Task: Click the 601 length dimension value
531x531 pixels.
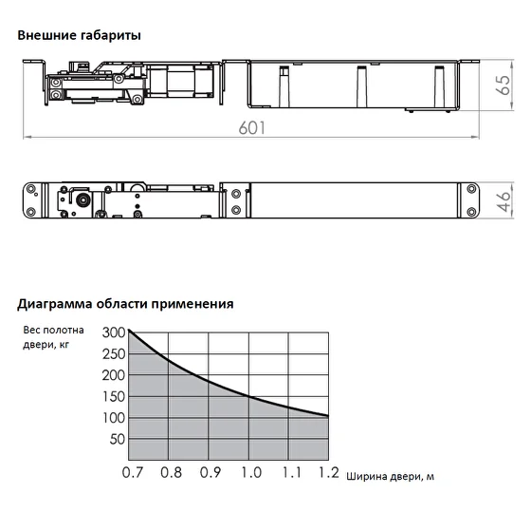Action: pyautogui.click(x=252, y=128)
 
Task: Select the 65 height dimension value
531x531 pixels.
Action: pyautogui.click(x=504, y=85)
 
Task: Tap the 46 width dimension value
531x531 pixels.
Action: pyautogui.click(x=504, y=200)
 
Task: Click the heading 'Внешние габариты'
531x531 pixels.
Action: pyautogui.click(x=80, y=36)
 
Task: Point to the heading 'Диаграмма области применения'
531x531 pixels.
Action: pyautogui.click(x=125, y=304)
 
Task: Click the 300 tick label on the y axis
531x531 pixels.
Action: pyautogui.click(x=114, y=332)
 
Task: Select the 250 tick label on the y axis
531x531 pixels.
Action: pyautogui.click(x=114, y=354)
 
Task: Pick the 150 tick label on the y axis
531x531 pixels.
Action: pyautogui.click(x=114, y=397)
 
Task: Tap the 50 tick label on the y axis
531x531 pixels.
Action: pyautogui.click(x=118, y=440)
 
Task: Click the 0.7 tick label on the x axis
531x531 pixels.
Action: pyautogui.click(x=133, y=473)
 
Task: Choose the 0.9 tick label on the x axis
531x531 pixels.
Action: pyautogui.click(x=211, y=473)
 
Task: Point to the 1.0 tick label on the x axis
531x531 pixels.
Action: pyautogui.click(x=251, y=473)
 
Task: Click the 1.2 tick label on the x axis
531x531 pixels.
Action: pyautogui.click(x=329, y=473)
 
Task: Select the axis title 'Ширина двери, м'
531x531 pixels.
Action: pyautogui.click(x=390, y=477)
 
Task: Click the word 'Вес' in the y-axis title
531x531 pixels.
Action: pyautogui.click(x=31, y=331)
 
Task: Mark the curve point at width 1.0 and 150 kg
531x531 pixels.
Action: pyautogui.click(x=248, y=396)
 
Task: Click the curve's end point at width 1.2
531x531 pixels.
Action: pyautogui.click(x=328, y=416)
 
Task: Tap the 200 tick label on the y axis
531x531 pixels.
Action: pyautogui.click(x=114, y=375)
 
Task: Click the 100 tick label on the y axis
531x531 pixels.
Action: pyautogui.click(x=114, y=418)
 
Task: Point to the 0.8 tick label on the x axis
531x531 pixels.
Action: pyautogui.click(x=171, y=473)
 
